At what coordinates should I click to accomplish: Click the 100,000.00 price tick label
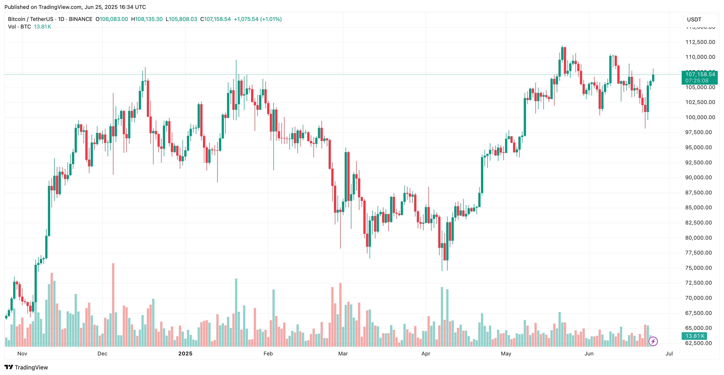tap(700, 117)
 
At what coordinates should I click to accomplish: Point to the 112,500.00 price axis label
tap(700, 42)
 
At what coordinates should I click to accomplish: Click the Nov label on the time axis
tap(22, 353)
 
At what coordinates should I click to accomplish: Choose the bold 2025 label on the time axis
tap(185, 353)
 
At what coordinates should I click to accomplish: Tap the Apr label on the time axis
tap(425, 353)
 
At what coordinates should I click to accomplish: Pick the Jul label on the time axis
tap(669, 353)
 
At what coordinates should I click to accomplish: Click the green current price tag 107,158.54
tap(699, 74)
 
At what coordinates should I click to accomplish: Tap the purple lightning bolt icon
tap(653, 341)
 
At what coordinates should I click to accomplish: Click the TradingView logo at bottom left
tap(26, 367)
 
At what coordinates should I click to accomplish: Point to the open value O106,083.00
tap(112, 19)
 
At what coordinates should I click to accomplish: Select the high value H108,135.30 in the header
tap(147, 19)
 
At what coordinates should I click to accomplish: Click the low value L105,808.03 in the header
tap(181, 19)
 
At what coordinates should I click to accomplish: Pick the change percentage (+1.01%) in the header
tap(271, 19)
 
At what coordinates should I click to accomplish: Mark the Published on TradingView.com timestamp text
tap(75, 7)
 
